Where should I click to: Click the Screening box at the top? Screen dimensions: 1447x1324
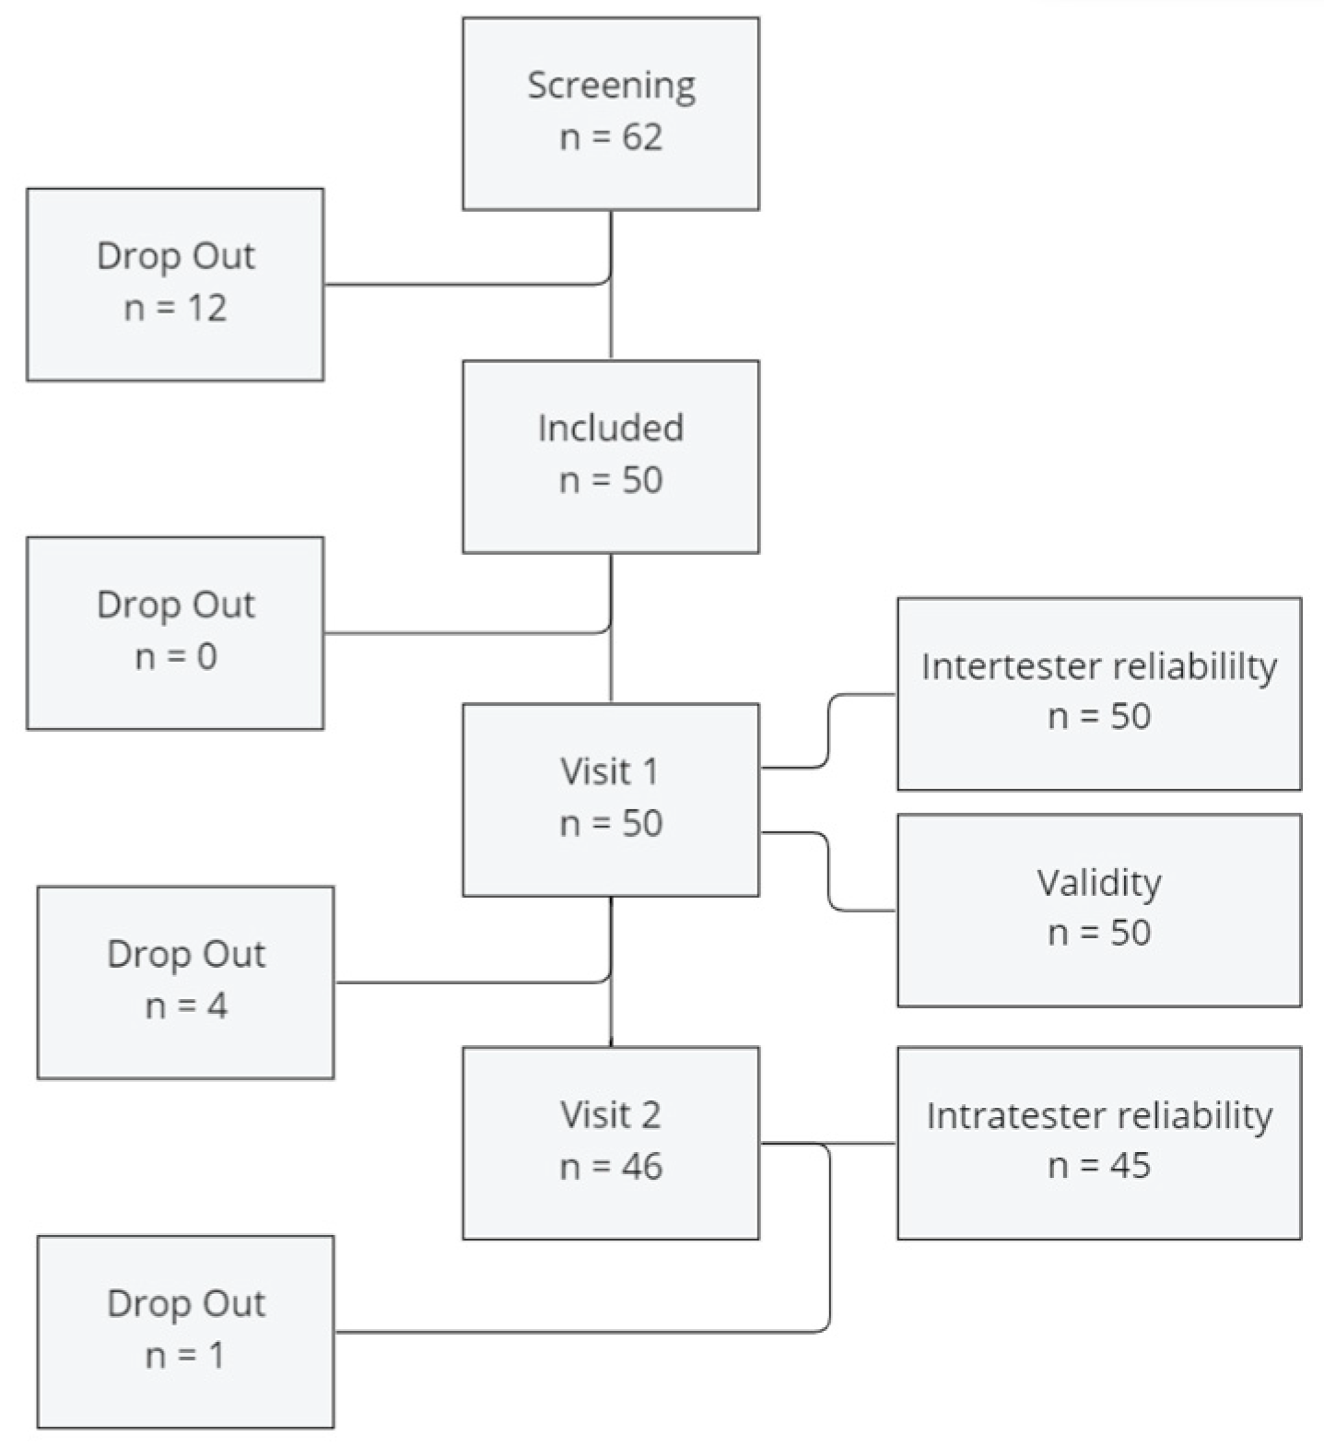click(x=610, y=113)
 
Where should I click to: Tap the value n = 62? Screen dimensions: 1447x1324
click(x=611, y=137)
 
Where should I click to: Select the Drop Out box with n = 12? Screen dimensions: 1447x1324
click(x=175, y=284)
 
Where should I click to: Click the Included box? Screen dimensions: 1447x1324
click(x=610, y=456)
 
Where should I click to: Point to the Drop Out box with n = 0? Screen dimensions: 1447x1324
click(x=175, y=632)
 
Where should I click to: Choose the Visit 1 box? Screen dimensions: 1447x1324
click(x=610, y=799)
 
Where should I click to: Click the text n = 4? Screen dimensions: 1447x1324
click(x=186, y=1006)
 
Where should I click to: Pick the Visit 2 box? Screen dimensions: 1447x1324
click(x=610, y=1142)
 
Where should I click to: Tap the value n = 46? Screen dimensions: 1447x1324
click(x=611, y=1167)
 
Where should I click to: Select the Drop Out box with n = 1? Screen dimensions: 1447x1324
click(x=185, y=1331)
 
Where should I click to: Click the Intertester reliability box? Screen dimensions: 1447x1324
click(x=1098, y=693)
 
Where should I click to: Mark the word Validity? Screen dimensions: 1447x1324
click(x=1098, y=883)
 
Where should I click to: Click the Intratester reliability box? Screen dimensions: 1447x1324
click(x=1098, y=1142)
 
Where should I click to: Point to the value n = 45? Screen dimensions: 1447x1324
click(x=1098, y=1166)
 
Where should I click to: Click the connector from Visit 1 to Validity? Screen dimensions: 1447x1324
click(x=828, y=872)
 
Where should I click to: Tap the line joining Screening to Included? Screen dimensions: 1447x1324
click(x=611, y=323)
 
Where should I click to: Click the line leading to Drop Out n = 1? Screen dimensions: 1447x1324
click(x=580, y=1331)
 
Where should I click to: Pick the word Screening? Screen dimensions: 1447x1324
click(x=611, y=86)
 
